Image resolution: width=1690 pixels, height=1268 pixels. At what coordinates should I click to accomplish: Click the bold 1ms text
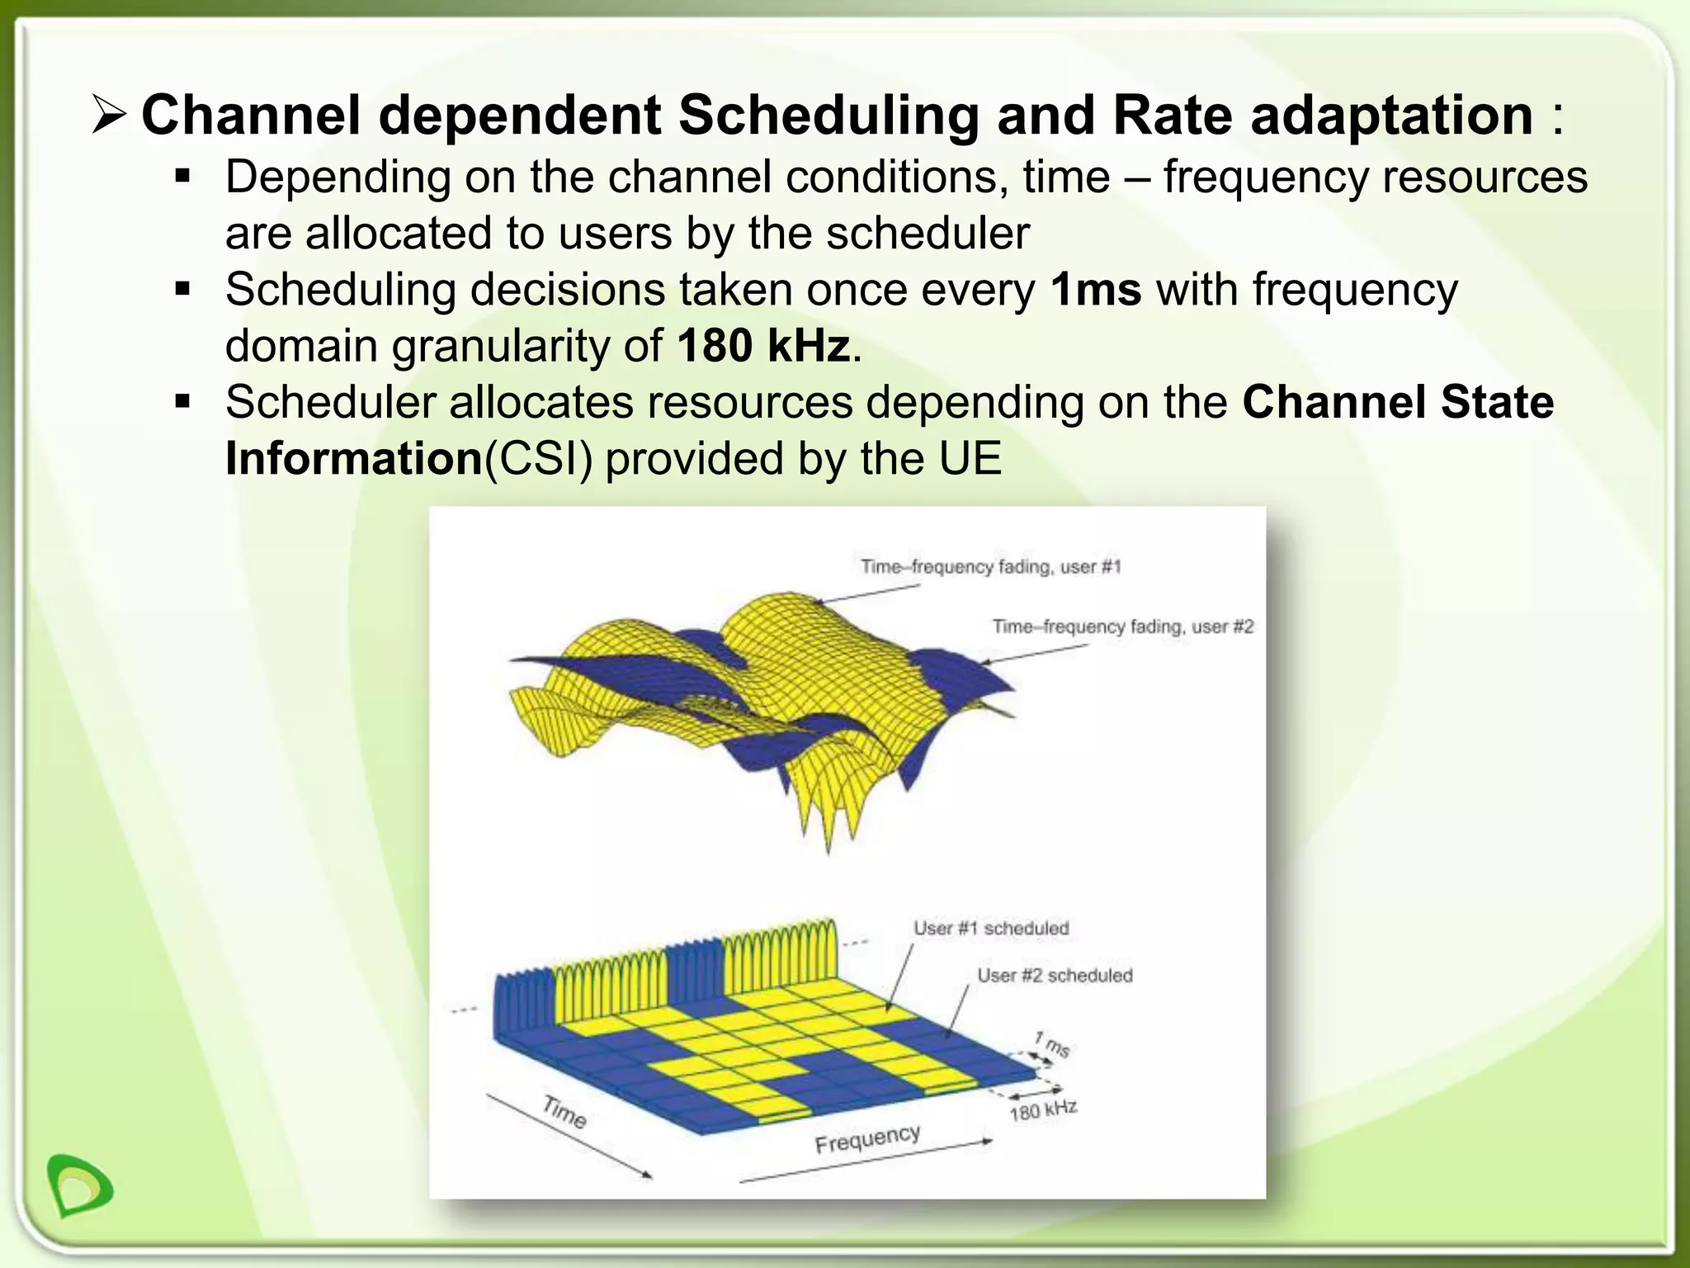pyautogui.click(x=1096, y=290)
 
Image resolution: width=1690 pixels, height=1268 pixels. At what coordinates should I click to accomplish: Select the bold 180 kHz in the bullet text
pyautogui.click(x=763, y=346)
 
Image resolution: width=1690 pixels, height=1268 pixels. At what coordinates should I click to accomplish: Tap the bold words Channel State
pyautogui.click(x=1397, y=402)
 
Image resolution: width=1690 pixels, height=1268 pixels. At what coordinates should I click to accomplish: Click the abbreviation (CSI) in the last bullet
pyautogui.click(x=537, y=459)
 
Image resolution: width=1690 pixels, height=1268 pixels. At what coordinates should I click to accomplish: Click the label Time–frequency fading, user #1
pyautogui.click(x=990, y=566)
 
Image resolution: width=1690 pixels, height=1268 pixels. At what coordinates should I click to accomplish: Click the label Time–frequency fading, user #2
pyautogui.click(x=1122, y=627)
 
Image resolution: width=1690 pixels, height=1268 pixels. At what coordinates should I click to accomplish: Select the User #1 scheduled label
pyautogui.click(x=990, y=928)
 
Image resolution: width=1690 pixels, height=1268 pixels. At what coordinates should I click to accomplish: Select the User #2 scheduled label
pyautogui.click(x=1055, y=975)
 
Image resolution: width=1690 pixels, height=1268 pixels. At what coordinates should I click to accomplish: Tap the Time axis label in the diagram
pyautogui.click(x=564, y=1111)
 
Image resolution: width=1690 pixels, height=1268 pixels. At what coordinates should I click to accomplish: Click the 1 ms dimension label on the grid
pyautogui.click(x=1052, y=1044)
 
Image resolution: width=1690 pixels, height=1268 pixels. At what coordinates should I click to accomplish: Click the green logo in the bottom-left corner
pyautogui.click(x=79, y=1185)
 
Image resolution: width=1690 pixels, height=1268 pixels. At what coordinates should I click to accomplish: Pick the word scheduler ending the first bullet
pyautogui.click(x=928, y=234)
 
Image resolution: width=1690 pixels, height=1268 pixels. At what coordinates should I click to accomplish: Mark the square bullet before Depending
pyautogui.click(x=182, y=177)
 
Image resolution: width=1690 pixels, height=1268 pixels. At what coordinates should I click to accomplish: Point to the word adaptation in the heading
pyautogui.click(x=1391, y=116)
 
